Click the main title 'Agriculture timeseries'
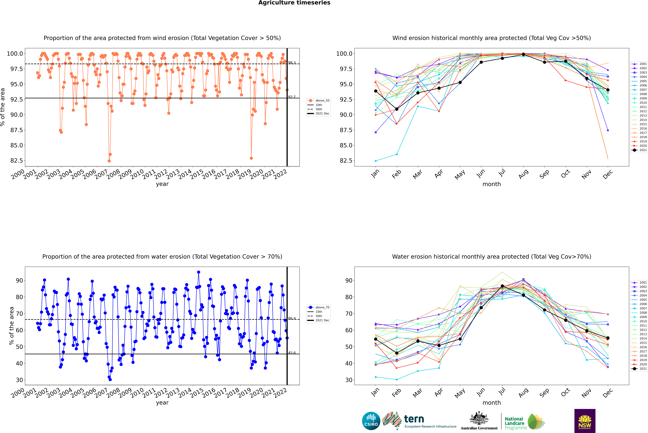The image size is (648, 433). point(294,3)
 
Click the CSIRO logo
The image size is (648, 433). point(371,421)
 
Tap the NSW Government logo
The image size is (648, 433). point(585,421)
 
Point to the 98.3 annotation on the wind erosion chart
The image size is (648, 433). point(292,63)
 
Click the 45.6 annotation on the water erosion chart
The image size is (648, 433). point(292,353)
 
